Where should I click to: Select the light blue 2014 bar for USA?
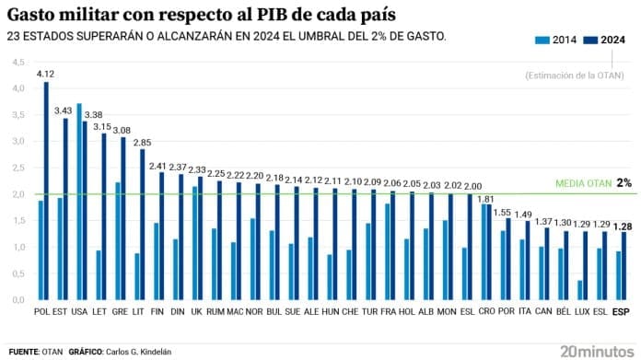[79, 202]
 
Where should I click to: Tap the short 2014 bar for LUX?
[579, 290]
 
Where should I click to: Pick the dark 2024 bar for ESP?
[624, 266]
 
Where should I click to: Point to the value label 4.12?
[45, 74]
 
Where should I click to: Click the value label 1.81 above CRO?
[487, 198]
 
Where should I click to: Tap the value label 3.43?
[64, 110]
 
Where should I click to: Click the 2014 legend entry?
[557, 40]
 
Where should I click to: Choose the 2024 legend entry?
[606, 40]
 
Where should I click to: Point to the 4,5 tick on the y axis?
[17, 62]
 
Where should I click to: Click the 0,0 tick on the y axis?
[17, 300]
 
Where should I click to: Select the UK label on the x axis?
[197, 311]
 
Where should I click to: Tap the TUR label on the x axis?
[370, 311]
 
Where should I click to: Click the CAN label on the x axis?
[543, 311]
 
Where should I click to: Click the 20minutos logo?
[596, 351]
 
